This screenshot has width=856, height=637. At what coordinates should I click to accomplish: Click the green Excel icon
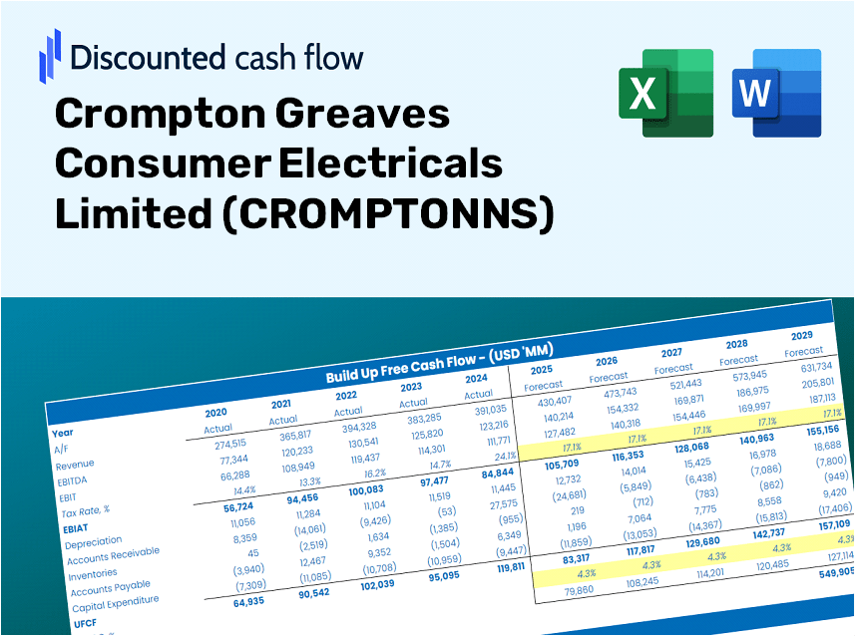[x=665, y=93]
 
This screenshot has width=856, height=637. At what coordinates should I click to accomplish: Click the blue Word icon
[x=776, y=93]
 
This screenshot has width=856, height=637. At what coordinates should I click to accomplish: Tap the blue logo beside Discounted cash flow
[x=49, y=55]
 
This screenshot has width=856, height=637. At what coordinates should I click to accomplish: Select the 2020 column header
[x=215, y=412]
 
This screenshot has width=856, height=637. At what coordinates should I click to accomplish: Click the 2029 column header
[x=801, y=335]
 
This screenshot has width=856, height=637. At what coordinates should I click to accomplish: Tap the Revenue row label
[x=74, y=465]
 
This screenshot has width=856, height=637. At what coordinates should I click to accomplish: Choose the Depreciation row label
[x=93, y=542]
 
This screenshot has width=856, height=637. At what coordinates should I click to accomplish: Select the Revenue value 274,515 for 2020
[x=223, y=444]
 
